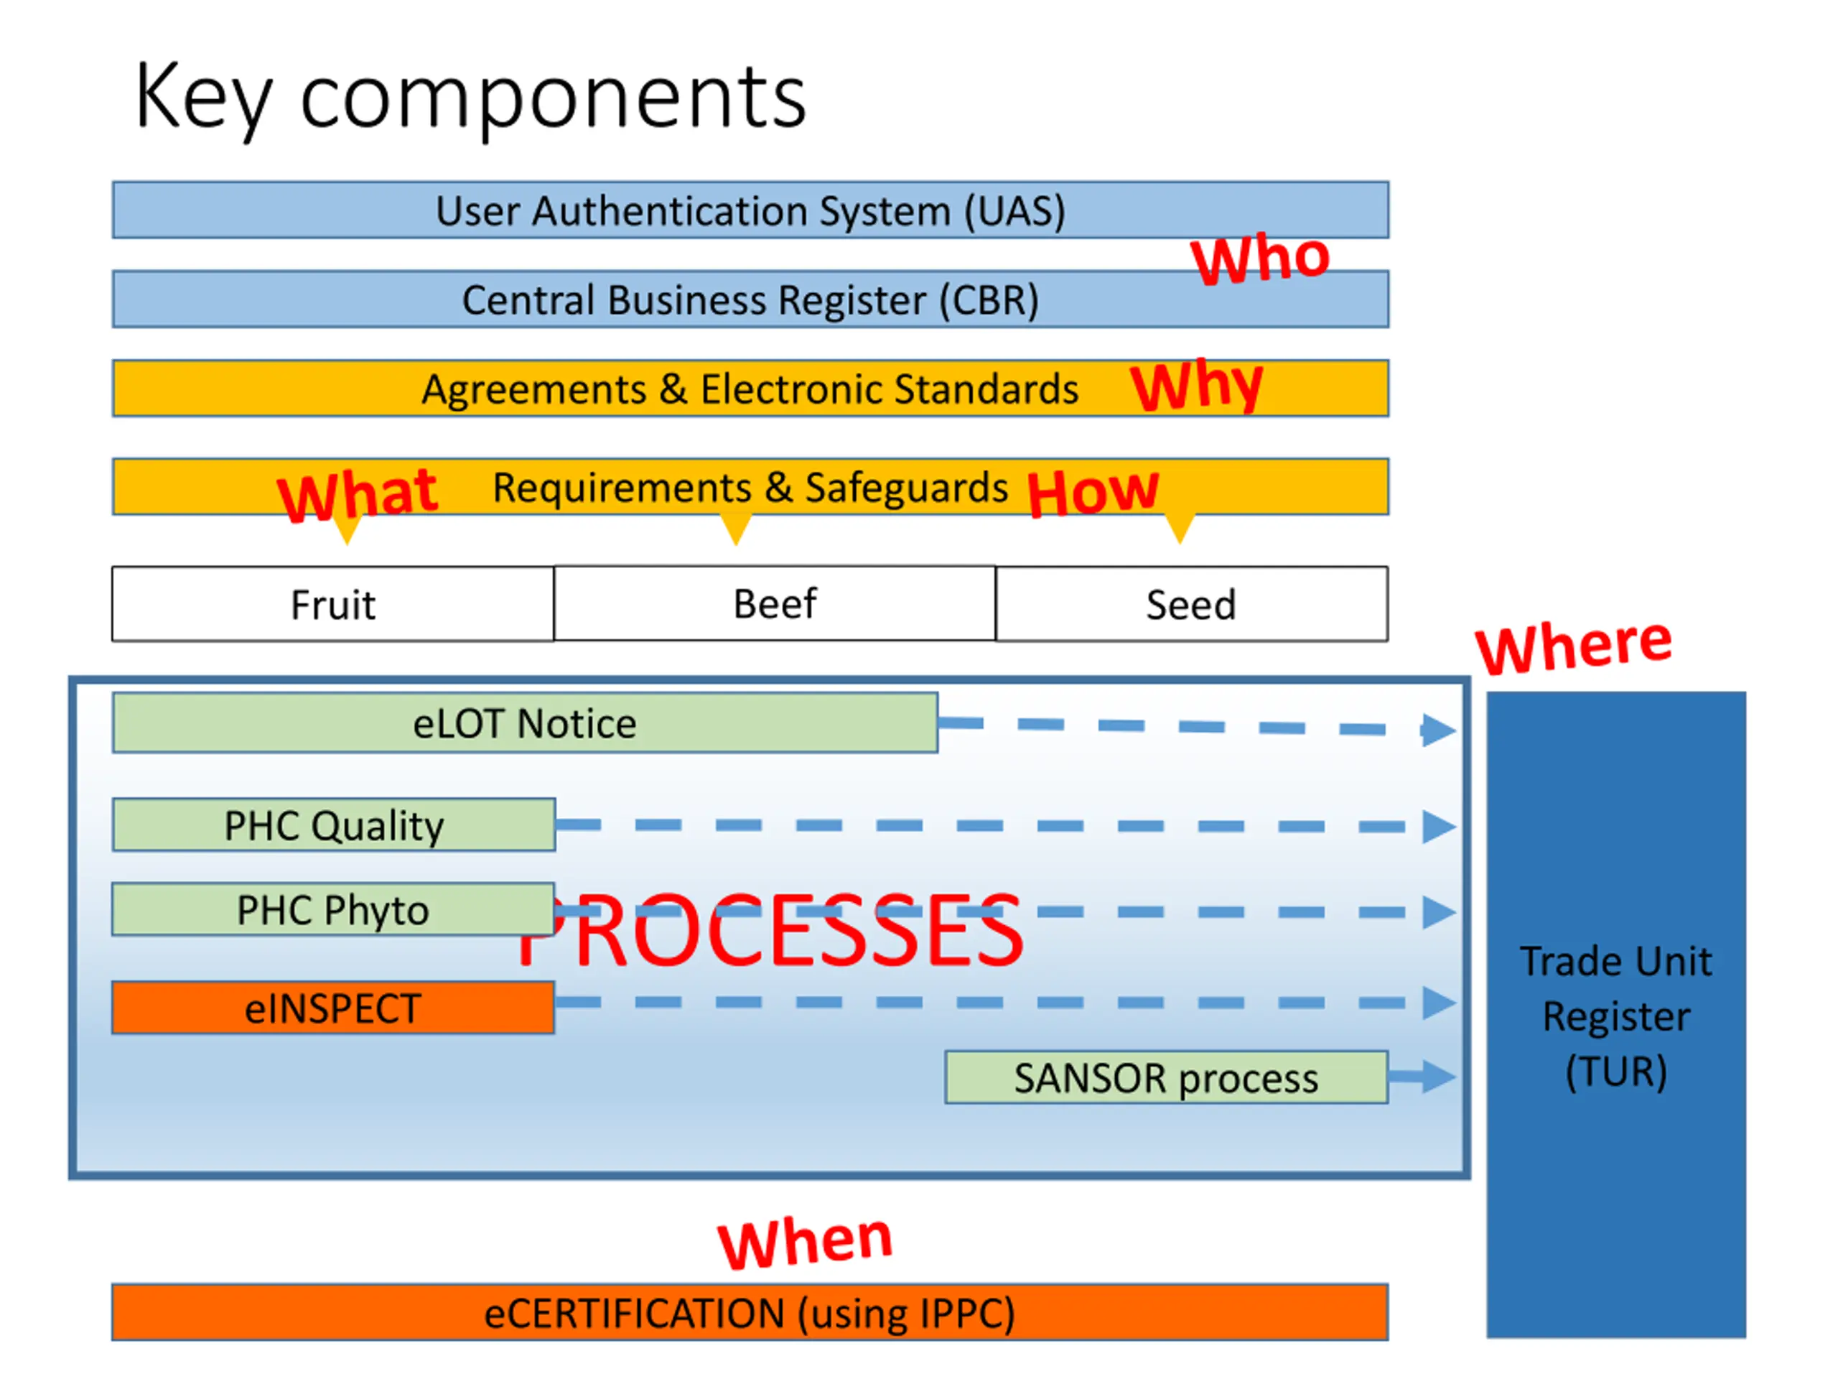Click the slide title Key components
470,98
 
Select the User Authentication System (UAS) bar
750,210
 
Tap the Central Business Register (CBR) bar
750,300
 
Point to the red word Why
1197,386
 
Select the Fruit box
332,604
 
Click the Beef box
775,603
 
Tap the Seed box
1190,604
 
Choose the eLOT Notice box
525,723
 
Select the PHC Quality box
333,825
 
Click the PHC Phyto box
332,909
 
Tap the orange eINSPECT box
332,1008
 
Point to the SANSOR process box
1166,1078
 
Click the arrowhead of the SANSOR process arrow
1438,1077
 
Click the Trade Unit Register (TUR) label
1616,1016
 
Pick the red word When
804,1242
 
